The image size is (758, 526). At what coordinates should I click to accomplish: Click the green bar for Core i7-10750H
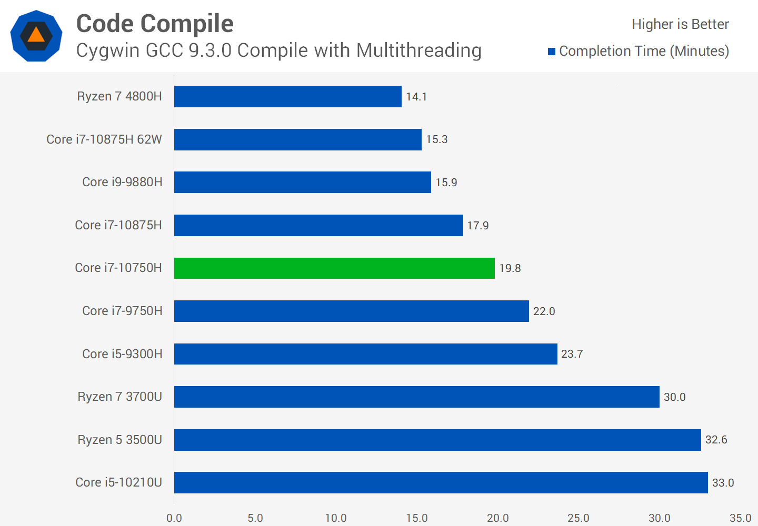coord(334,268)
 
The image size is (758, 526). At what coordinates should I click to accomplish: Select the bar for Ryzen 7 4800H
coord(287,97)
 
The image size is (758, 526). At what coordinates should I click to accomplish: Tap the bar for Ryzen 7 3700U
coord(416,397)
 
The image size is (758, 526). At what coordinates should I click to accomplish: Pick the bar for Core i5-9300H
coord(365,354)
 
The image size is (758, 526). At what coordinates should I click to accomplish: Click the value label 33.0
coord(723,483)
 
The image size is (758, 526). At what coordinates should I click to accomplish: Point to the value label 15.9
coord(446,183)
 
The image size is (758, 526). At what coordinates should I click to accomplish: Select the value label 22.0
coord(544,311)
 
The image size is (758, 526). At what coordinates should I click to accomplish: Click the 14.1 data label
coord(416,97)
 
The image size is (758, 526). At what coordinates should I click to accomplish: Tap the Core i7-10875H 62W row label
coord(104,139)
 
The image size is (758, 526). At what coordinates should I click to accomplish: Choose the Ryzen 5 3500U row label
coord(119,440)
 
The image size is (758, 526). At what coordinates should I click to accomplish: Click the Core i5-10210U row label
coord(118,482)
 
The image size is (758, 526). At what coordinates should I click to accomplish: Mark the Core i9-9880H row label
coord(122,182)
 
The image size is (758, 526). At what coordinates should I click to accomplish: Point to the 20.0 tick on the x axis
coord(497,518)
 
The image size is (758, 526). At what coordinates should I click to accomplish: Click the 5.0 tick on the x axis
coord(255,518)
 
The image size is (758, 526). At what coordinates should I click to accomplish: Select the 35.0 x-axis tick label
coord(740,518)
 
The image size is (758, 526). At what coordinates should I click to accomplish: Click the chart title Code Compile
coord(155,24)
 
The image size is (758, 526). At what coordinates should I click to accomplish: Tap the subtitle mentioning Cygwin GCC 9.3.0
coord(278,50)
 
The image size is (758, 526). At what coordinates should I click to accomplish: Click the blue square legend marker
coord(552,52)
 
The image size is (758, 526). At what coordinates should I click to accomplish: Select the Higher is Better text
coord(680,24)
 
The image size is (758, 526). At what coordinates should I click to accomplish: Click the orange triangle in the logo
coord(36,35)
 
